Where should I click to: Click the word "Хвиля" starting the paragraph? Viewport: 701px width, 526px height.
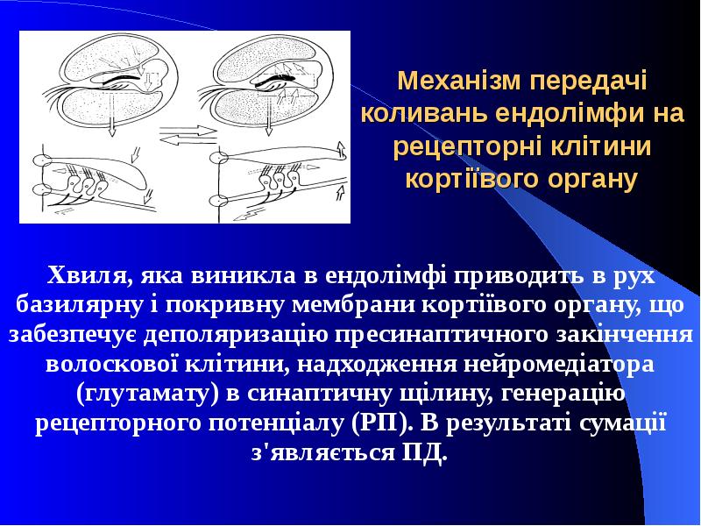pos(85,274)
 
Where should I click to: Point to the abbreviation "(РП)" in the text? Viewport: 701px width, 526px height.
pos(383,423)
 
